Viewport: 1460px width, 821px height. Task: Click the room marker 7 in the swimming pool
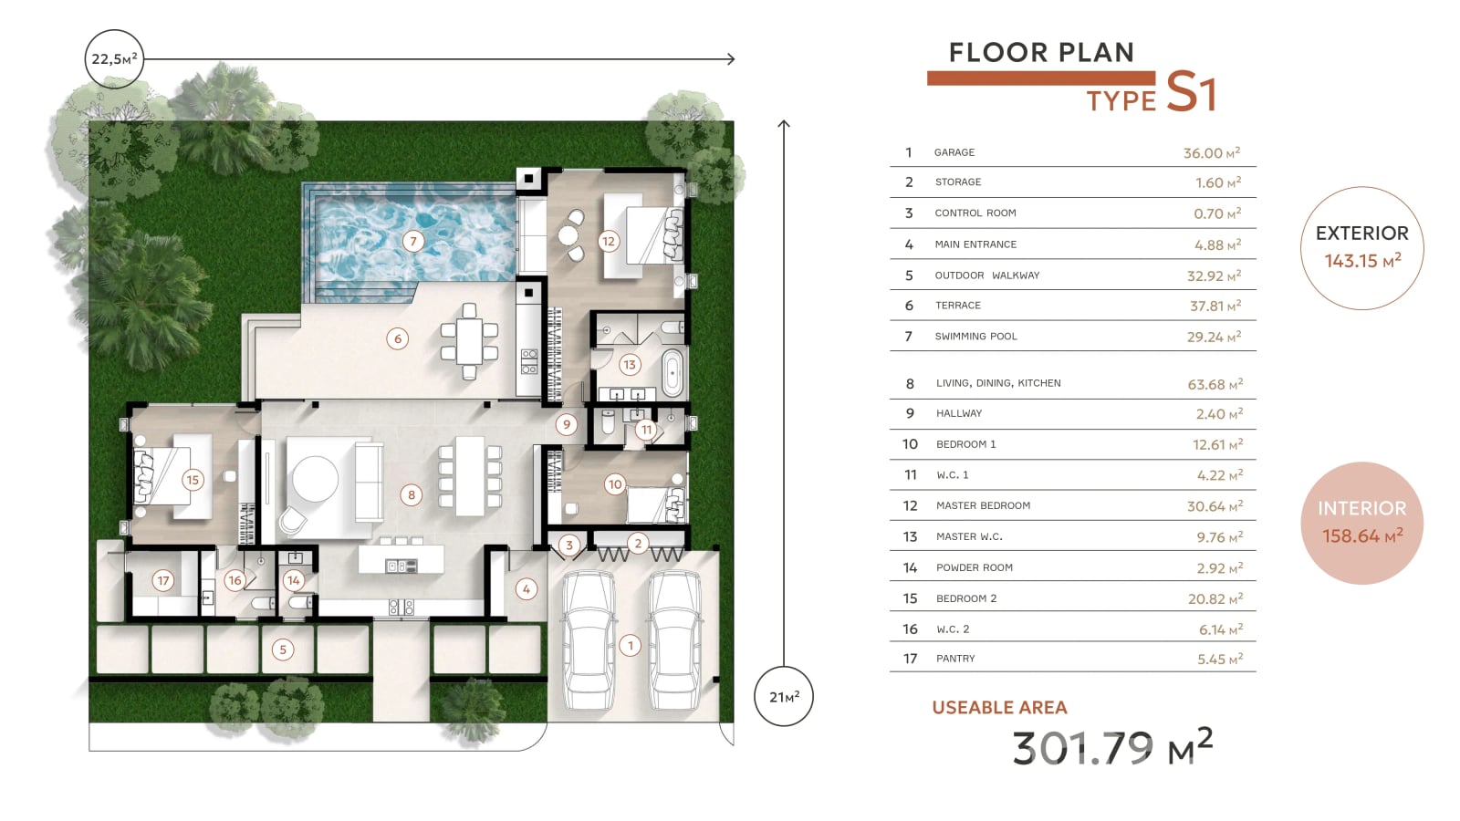click(x=412, y=241)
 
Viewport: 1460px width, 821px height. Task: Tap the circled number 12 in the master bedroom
click(x=608, y=241)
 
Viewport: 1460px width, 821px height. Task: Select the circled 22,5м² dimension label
click(x=114, y=58)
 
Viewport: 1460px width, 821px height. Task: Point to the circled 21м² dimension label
click(x=784, y=697)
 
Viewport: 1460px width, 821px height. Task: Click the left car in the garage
click(x=589, y=640)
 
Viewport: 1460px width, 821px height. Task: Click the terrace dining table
click(x=469, y=341)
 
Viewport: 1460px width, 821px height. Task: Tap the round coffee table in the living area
click(x=316, y=479)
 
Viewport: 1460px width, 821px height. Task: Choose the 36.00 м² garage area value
click(x=1212, y=152)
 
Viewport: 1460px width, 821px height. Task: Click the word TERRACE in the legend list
click(x=957, y=305)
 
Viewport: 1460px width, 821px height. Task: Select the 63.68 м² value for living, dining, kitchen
click(x=1215, y=384)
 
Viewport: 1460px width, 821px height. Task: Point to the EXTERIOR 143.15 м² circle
click(x=1361, y=247)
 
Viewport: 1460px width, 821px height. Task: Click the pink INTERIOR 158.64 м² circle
click(x=1361, y=524)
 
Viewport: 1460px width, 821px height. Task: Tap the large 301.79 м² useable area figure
click(x=1112, y=747)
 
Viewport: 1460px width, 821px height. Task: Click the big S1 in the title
click(x=1190, y=92)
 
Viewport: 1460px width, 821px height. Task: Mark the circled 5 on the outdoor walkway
click(x=282, y=649)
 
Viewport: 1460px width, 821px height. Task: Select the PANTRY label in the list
click(x=955, y=659)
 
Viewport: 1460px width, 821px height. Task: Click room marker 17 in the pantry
click(x=163, y=580)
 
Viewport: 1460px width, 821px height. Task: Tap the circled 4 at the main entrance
click(x=526, y=589)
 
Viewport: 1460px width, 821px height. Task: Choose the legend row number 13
click(x=910, y=536)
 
